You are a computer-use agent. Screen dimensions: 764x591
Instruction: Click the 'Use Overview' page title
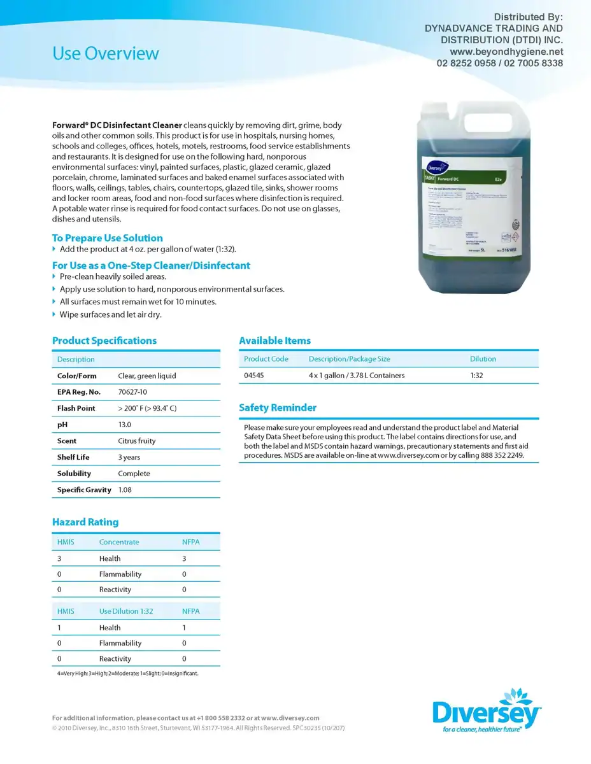click(x=105, y=53)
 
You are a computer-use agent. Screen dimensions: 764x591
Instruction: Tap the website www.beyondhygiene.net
click(x=506, y=52)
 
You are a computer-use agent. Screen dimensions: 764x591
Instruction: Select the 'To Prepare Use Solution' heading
click(x=107, y=237)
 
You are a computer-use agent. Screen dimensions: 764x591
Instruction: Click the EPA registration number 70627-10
click(x=132, y=392)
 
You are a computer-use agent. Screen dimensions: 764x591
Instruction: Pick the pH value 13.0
click(x=125, y=425)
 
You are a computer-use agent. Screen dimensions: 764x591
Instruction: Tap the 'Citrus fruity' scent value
click(x=137, y=441)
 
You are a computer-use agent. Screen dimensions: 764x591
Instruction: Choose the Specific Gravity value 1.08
click(x=125, y=490)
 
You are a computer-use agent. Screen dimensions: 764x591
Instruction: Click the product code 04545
click(x=254, y=376)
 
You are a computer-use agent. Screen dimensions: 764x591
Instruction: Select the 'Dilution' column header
click(x=483, y=359)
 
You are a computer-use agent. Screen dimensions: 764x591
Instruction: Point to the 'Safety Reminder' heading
click(x=277, y=407)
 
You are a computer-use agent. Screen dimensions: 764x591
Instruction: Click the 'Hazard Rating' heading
click(x=85, y=522)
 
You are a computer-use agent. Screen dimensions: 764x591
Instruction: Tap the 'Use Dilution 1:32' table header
click(x=126, y=611)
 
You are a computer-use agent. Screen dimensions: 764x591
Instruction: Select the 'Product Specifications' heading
click(x=104, y=341)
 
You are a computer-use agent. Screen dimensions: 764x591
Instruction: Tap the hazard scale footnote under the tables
click(x=127, y=674)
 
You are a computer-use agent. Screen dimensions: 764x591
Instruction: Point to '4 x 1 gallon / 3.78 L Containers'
click(x=357, y=376)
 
